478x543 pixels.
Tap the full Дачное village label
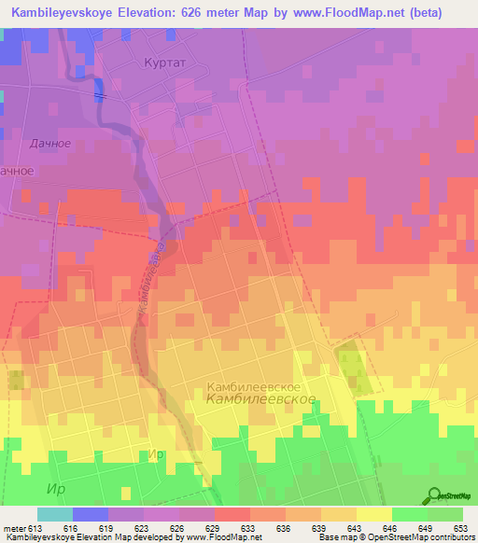coord(51,143)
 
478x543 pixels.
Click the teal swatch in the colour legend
coord(55,514)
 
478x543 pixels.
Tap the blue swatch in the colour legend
coord(91,514)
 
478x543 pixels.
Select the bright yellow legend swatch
coord(374,514)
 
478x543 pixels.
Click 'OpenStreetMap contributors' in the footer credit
coord(423,537)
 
